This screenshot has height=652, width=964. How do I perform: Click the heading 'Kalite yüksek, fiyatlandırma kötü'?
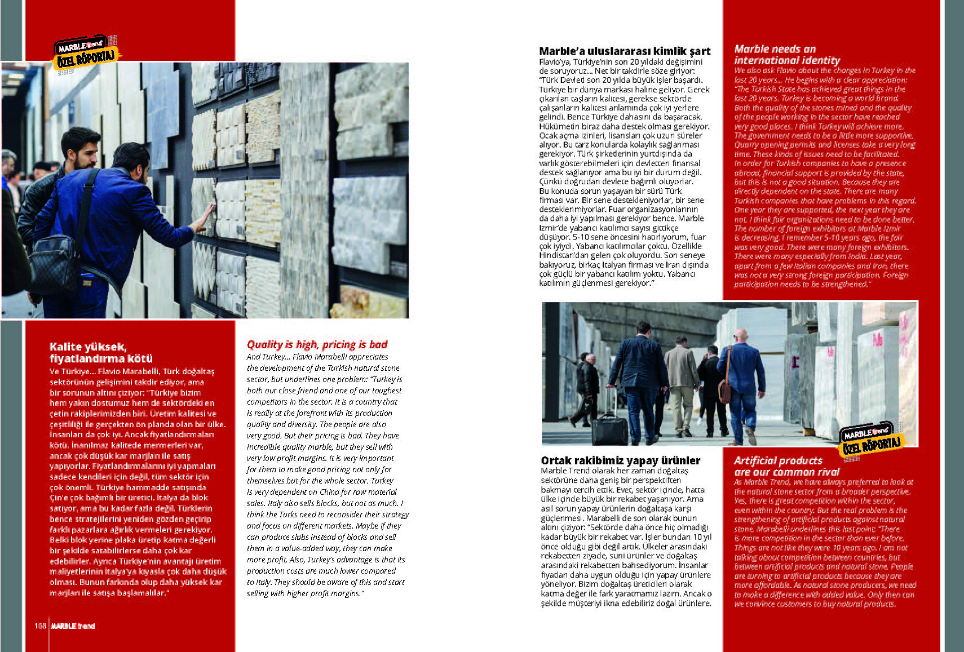tap(101, 352)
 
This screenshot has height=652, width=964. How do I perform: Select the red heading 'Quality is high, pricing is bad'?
tap(317, 344)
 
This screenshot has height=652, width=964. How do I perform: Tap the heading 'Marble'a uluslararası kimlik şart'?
tap(625, 51)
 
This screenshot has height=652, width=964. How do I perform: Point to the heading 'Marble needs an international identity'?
tap(787, 55)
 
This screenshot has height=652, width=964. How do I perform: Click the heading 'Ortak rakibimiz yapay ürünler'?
tap(620, 460)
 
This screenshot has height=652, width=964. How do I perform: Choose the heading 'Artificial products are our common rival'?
tap(786, 466)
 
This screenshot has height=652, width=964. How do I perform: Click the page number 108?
tap(40, 626)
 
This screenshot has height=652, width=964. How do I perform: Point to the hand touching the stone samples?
tap(206, 217)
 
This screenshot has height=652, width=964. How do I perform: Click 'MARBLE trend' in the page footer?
tap(73, 626)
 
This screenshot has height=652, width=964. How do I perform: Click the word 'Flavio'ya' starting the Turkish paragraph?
tap(554, 61)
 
